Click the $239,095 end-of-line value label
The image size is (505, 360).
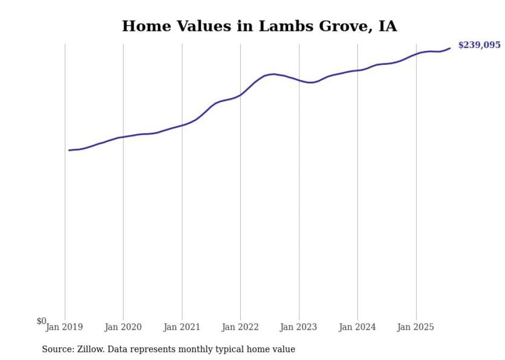click(479, 45)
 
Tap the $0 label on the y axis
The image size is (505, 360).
click(41, 321)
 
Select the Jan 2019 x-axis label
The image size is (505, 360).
click(64, 327)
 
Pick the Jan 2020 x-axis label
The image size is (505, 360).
click(123, 327)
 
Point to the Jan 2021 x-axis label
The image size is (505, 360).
click(181, 327)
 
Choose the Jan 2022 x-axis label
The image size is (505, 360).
click(240, 327)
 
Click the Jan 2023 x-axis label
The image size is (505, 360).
click(299, 327)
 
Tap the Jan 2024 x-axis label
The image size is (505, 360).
click(358, 327)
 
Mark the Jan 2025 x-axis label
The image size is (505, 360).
click(416, 327)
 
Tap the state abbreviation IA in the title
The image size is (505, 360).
click(388, 26)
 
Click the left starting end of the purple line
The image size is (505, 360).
click(69, 150)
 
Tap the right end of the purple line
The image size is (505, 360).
click(450, 48)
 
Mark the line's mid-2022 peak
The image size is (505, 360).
click(274, 74)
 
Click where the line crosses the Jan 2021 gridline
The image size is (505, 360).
click(182, 125)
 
